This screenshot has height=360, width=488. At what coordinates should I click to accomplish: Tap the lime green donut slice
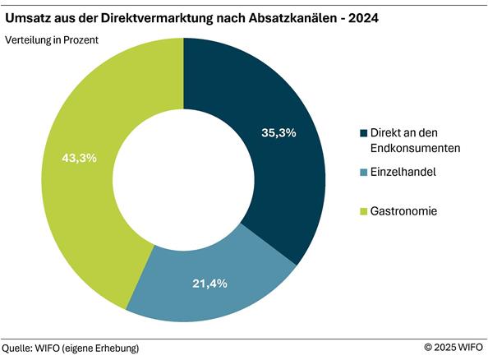coord(90,181)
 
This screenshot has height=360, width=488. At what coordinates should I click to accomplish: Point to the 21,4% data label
coord(209,284)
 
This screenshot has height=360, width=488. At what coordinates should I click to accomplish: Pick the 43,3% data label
coord(80,158)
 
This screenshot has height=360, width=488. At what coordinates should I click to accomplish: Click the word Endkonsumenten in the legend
coord(416,148)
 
